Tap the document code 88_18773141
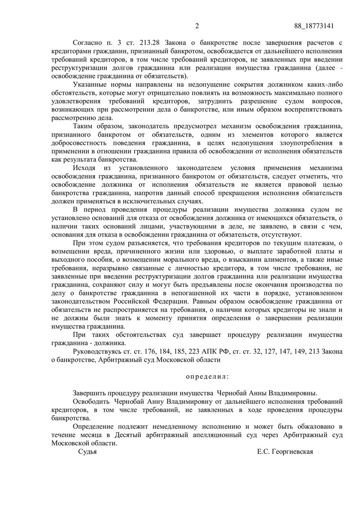(x=314, y=26)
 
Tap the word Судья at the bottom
(x=87, y=452)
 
